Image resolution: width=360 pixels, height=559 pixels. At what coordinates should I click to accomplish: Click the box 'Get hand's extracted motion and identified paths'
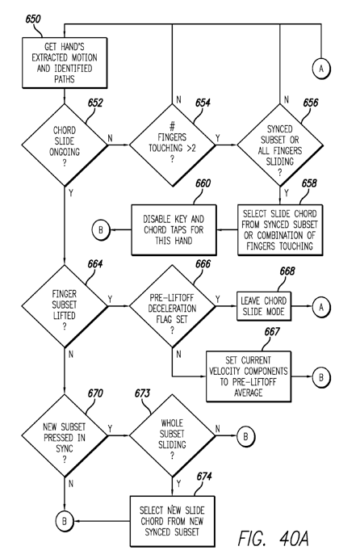tap(65, 63)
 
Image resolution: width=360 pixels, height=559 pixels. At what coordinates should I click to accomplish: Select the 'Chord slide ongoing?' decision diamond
tap(65, 145)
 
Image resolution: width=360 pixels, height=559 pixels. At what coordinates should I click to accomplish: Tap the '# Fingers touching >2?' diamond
tap(173, 145)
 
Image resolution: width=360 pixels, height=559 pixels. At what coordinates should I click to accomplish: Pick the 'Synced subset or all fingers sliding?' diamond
tap(280, 145)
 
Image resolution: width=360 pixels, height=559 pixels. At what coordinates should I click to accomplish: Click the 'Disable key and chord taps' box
tap(174, 230)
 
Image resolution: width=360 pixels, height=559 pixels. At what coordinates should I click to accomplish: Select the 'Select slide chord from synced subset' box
tap(280, 230)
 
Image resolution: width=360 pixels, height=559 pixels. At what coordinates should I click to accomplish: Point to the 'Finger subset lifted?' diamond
tap(65, 306)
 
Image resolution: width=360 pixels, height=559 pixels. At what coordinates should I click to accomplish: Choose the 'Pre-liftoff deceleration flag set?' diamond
tap(173, 306)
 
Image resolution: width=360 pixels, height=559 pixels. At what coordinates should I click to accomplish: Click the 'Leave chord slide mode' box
tap(264, 306)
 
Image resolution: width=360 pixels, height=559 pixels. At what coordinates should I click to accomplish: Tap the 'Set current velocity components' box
tap(249, 376)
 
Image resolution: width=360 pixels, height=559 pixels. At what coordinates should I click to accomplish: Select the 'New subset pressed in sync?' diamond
tap(65, 435)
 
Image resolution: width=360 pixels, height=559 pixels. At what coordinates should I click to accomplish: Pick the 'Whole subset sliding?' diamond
tap(173, 435)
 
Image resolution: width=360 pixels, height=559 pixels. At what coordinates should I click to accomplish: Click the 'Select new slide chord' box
tap(173, 521)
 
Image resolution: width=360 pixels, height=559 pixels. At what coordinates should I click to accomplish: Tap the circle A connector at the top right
tap(321, 68)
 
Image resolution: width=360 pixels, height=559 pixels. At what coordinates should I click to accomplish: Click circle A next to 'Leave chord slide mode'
tap(321, 307)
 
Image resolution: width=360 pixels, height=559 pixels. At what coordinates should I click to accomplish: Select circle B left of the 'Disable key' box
tap(101, 229)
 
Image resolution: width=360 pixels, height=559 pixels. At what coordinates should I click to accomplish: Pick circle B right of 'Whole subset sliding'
tap(245, 436)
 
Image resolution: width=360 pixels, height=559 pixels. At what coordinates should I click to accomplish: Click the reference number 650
tap(33, 19)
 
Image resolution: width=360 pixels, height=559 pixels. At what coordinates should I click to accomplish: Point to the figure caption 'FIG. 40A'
tap(274, 538)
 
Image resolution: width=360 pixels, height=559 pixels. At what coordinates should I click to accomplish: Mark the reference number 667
tap(272, 332)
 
